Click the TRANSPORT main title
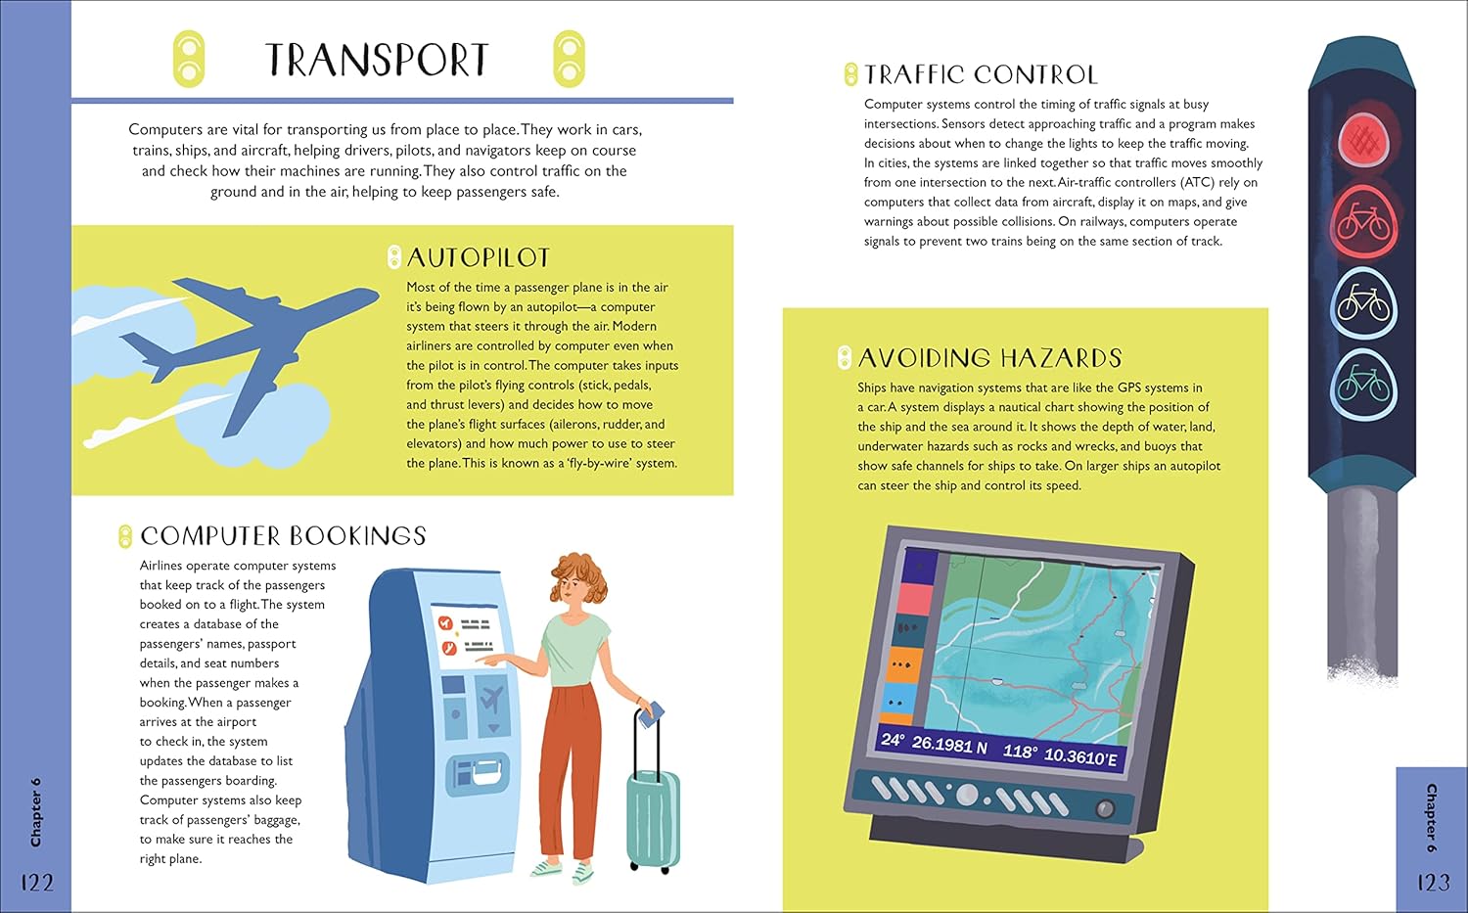click(377, 60)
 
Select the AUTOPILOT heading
click(479, 257)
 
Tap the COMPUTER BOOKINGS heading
click(283, 536)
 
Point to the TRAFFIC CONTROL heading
click(981, 74)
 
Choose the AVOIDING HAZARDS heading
click(989, 358)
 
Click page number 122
click(37, 883)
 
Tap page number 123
click(1434, 883)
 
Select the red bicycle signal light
click(1364, 223)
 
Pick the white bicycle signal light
click(1364, 304)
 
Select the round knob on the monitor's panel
click(1105, 808)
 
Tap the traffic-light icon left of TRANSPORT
click(189, 59)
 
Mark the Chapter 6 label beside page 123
click(1432, 818)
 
